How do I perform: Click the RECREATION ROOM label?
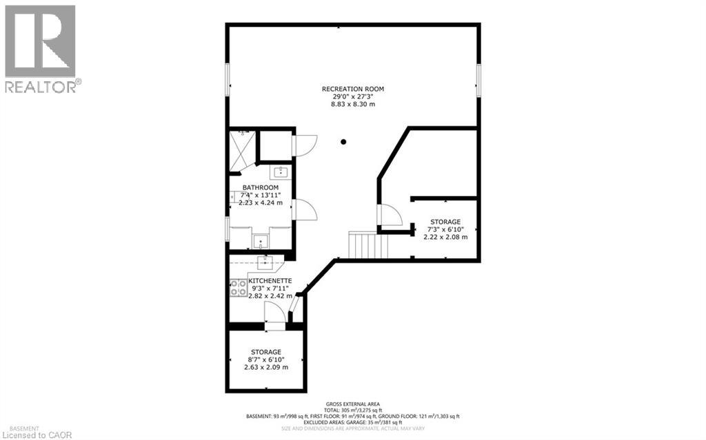click(x=352, y=89)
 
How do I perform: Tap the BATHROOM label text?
click(x=260, y=188)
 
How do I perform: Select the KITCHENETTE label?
click(x=270, y=281)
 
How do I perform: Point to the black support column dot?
click(x=343, y=143)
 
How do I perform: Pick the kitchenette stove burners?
click(x=239, y=287)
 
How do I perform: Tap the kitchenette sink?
click(x=265, y=262)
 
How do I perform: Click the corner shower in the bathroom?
click(x=241, y=151)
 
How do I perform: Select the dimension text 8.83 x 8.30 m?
click(x=352, y=104)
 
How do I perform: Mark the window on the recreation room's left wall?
click(x=228, y=81)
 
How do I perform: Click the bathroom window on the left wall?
click(x=228, y=229)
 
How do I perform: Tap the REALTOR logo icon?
click(x=40, y=42)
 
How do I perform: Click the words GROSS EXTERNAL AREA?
click(x=352, y=404)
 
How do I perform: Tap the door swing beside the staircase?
click(x=390, y=216)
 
